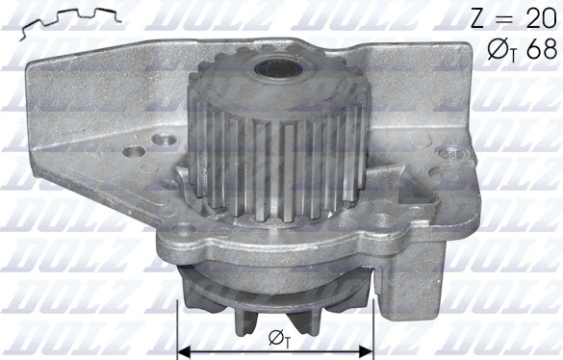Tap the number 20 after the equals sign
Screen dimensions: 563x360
541,18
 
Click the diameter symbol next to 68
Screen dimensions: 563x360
499,49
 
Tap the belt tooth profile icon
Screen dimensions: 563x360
71,22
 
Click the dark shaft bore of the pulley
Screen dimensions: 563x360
277,70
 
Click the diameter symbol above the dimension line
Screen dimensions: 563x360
277,338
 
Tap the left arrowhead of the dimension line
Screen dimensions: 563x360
184,351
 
